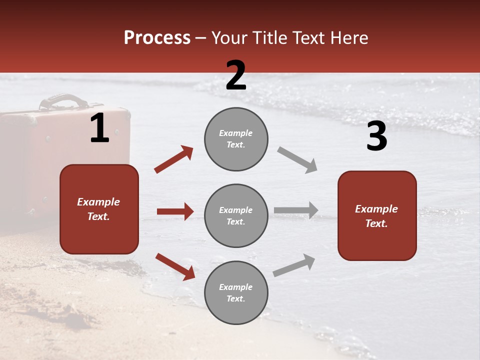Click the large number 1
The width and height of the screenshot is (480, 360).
[99, 128]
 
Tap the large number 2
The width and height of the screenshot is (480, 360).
[236, 75]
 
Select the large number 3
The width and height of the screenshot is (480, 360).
[376, 136]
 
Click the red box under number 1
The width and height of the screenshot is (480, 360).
[99, 209]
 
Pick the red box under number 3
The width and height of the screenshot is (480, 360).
[377, 215]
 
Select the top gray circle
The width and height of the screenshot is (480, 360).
[236, 139]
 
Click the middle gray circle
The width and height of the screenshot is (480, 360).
[236, 215]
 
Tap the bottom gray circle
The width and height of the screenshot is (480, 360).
[236, 292]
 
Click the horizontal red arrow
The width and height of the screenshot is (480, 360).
[175, 211]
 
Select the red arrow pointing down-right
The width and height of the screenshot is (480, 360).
[175, 266]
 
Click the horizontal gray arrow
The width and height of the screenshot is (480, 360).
[296, 210]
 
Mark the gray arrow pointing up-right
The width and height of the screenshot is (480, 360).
[294, 265]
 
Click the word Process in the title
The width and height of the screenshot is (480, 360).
[157, 38]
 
